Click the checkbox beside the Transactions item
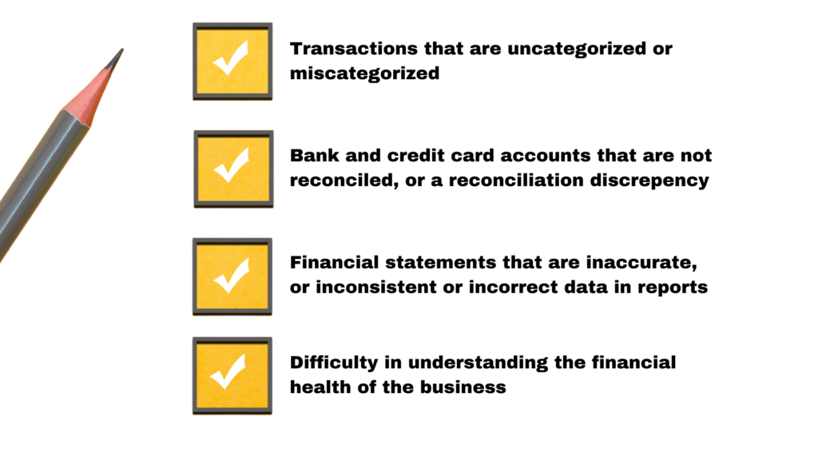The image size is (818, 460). click(232, 61)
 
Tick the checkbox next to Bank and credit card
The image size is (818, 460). click(234, 169)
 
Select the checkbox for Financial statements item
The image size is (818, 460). click(232, 276)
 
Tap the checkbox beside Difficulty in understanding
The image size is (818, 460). click(232, 375)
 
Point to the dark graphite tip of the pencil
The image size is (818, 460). click(116, 58)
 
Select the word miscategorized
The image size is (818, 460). click(364, 73)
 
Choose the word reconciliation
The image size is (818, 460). click(516, 180)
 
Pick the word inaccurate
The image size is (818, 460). click(641, 262)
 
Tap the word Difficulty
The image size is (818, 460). click(334, 363)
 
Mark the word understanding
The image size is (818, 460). click(478, 363)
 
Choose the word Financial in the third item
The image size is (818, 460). click(335, 262)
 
